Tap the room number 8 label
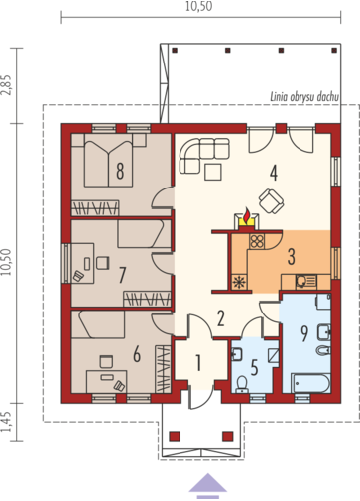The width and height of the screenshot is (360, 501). tap(120, 171)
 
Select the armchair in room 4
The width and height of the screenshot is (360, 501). tap(271, 201)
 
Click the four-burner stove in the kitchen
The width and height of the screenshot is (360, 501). tap(257, 241)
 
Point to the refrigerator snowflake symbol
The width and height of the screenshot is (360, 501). tap(238, 283)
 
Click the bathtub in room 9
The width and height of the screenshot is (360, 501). tap(310, 383)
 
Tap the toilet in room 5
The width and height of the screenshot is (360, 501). tap(243, 384)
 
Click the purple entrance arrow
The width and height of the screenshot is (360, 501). tap(208, 484)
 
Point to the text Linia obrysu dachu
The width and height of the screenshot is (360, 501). tap(304, 97)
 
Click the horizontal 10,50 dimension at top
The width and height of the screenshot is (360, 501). tap(198, 6)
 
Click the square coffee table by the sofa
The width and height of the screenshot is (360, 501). tap(213, 172)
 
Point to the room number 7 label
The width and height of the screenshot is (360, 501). tap(122, 275)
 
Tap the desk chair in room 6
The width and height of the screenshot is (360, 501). tap(106, 361)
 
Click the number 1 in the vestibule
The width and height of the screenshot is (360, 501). tap(198, 363)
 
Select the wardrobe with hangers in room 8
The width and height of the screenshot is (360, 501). tap(95, 208)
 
